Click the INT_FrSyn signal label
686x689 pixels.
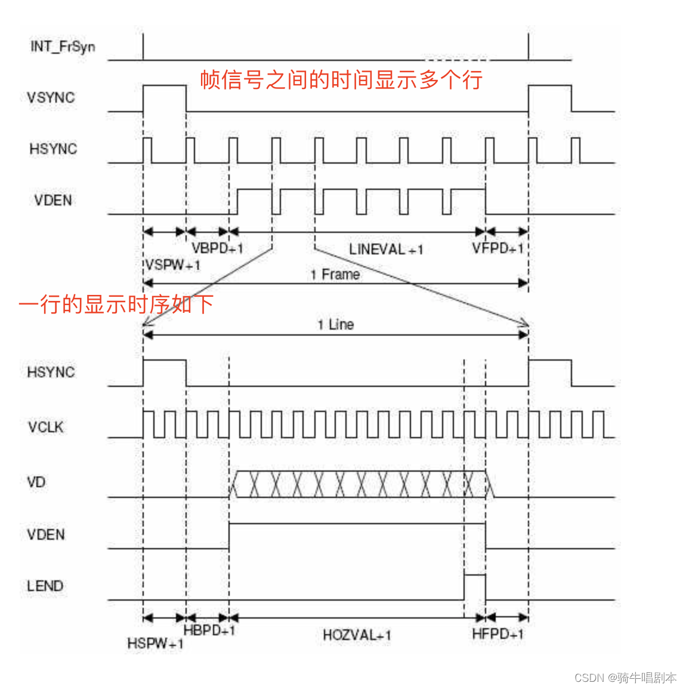pyautogui.click(x=63, y=46)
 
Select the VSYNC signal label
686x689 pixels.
pyautogui.click(x=51, y=97)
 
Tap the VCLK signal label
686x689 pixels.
pyautogui.click(x=45, y=427)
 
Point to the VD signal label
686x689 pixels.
pyautogui.click(x=36, y=482)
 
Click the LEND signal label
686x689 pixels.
pyautogui.click(x=45, y=586)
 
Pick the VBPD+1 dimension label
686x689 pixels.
pyautogui.click(x=217, y=248)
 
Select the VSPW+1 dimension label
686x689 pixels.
pyautogui.click(x=172, y=265)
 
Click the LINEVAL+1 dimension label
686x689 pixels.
pyautogui.click(x=386, y=250)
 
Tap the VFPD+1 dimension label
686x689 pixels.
pyautogui.click(x=498, y=248)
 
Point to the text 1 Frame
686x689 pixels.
pyautogui.click(x=335, y=275)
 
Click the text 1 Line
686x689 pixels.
pyautogui.click(x=335, y=325)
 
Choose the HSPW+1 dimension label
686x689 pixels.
pyautogui.click(x=156, y=644)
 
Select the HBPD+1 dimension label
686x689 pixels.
pyautogui.click(x=209, y=630)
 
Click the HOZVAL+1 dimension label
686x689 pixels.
pyautogui.click(x=357, y=635)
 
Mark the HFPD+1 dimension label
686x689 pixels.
pyautogui.click(x=498, y=634)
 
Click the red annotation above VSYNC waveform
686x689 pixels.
pyautogui.click(x=341, y=79)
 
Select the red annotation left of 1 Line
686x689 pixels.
pyautogui.click(x=116, y=304)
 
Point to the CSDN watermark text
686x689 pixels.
pyautogui.click(x=625, y=678)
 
